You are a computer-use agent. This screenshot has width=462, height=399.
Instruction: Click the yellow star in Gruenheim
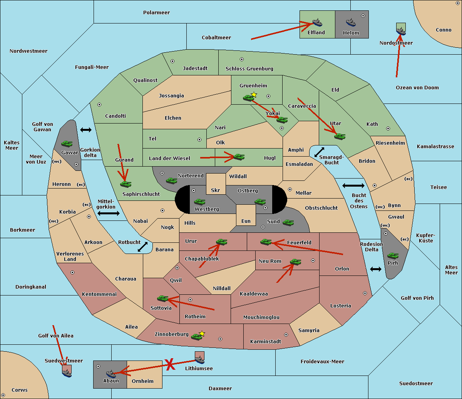click(x=254, y=95)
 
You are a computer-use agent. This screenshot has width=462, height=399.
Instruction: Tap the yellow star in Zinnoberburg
click(x=202, y=334)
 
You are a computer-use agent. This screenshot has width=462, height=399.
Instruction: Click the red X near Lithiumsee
click(x=170, y=364)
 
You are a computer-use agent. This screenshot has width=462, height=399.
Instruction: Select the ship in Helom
click(x=351, y=22)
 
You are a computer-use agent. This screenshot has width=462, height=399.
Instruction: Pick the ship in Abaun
click(x=111, y=374)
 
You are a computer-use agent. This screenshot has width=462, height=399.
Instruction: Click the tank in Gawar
click(x=67, y=144)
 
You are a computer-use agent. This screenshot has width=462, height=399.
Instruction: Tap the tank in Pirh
click(x=393, y=255)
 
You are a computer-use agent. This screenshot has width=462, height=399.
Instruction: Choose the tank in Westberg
click(x=199, y=202)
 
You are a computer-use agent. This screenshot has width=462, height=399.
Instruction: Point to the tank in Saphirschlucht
click(x=126, y=184)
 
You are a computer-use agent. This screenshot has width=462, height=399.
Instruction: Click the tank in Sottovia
click(x=163, y=299)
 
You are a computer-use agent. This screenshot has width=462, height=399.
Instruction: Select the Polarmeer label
click(x=156, y=13)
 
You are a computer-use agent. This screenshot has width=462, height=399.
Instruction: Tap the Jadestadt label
click(x=195, y=68)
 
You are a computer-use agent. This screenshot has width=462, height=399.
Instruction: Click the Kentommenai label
click(x=99, y=294)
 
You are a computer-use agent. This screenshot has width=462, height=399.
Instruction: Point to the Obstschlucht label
click(x=321, y=208)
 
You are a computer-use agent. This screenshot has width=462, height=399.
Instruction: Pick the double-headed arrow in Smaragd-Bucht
click(x=319, y=152)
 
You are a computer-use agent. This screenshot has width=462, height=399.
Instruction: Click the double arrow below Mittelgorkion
click(x=109, y=213)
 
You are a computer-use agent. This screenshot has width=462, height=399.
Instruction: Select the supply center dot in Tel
click(x=199, y=140)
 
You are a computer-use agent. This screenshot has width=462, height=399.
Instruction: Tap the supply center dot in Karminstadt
click(x=286, y=335)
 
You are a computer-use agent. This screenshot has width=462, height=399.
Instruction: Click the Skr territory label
click(x=216, y=190)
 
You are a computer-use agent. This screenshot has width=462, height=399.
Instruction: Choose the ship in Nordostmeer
click(x=401, y=31)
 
